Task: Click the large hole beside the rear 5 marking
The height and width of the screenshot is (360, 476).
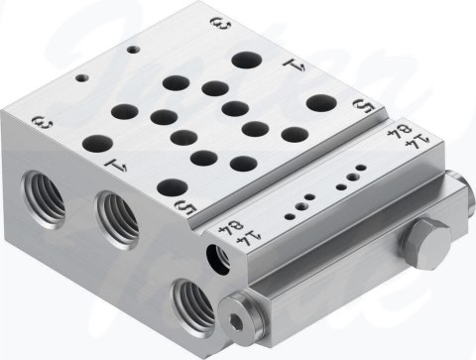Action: pyautogui.click(x=319, y=102)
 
